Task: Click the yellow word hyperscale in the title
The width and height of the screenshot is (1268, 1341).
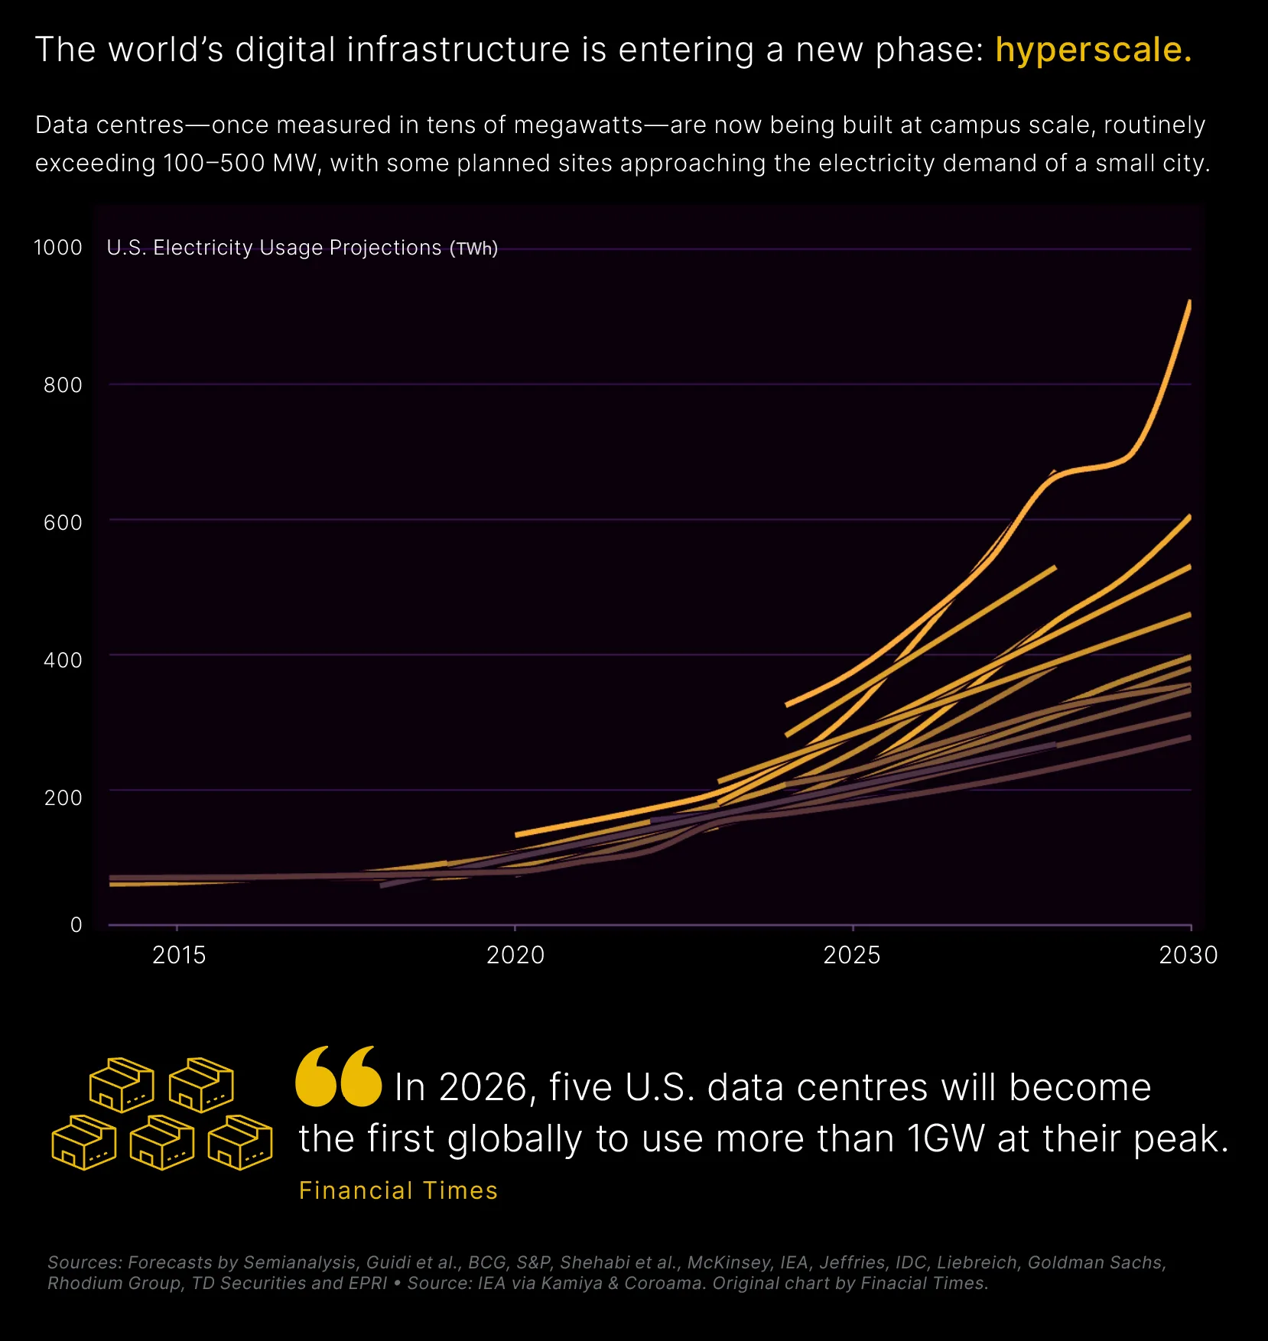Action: [1093, 50]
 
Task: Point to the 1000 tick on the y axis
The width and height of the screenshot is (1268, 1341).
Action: [58, 248]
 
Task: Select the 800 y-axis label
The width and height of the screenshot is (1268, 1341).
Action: [63, 385]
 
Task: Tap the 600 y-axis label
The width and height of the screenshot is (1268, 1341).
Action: [63, 522]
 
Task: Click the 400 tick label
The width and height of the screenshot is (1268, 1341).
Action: [63, 660]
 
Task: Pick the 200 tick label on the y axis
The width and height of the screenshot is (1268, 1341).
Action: [63, 797]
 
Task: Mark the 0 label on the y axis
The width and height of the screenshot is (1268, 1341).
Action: [76, 925]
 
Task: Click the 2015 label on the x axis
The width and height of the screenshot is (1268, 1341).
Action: [179, 955]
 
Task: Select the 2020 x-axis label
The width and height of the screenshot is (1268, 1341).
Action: [515, 955]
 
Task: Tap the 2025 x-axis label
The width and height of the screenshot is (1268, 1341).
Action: [852, 955]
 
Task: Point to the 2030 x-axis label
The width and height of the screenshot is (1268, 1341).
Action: [1188, 955]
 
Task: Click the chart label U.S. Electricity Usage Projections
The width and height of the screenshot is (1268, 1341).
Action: [274, 248]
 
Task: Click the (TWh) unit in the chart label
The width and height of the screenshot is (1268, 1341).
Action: [473, 248]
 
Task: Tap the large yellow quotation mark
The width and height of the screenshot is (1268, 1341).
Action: [338, 1076]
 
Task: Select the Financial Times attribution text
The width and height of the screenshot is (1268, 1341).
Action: [398, 1190]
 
